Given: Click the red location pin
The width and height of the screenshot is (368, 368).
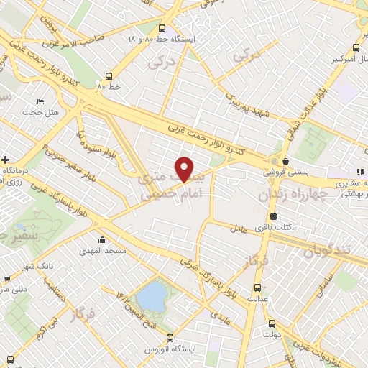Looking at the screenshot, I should point(185,168).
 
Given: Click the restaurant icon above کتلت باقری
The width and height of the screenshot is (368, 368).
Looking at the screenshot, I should point(273,216).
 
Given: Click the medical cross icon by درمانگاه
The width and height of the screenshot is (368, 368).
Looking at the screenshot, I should point(6,159).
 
